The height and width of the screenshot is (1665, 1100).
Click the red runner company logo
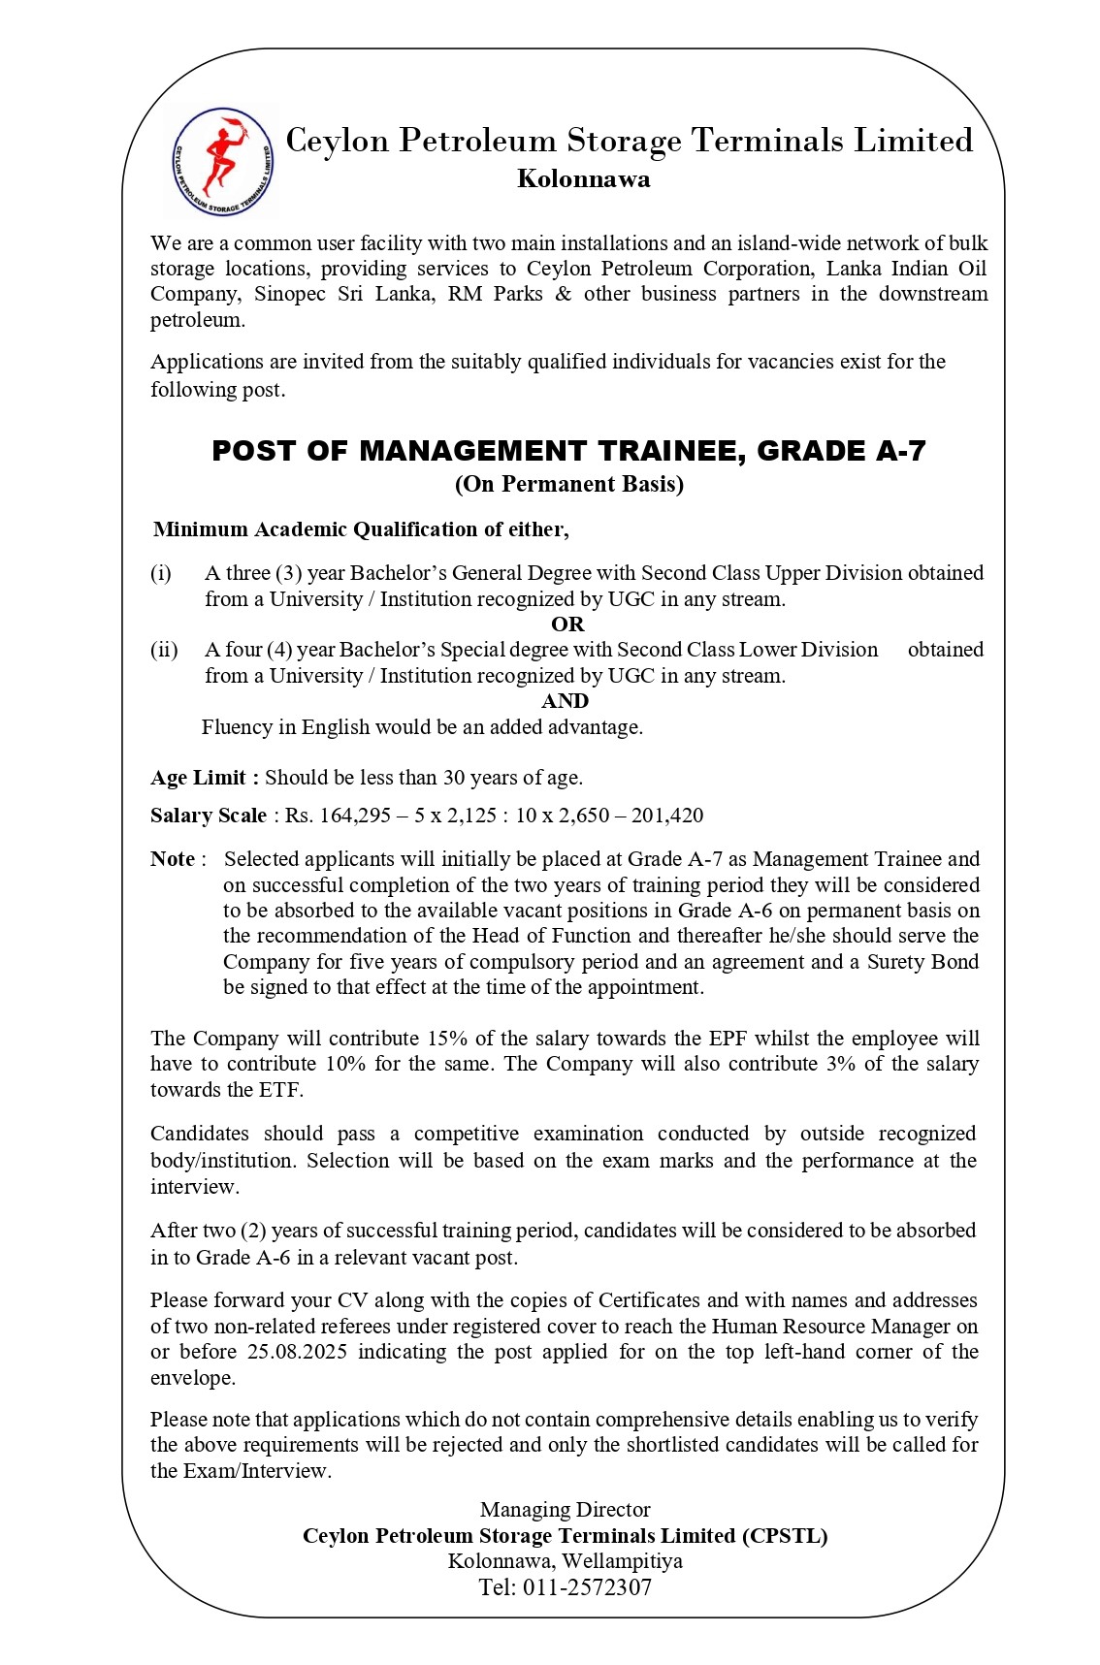tap(223, 160)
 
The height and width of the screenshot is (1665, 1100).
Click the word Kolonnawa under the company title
tap(584, 179)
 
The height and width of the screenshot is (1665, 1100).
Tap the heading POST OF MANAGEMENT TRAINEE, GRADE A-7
tap(568, 451)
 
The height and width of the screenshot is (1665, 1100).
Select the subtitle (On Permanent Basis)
tap(569, 485)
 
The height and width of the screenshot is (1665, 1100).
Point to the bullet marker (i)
tap(161, 573)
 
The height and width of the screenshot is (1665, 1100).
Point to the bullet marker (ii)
tap(164, 650)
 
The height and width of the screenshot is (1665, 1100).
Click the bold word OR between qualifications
tap(567, 624)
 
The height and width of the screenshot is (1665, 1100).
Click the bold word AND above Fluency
tap(566, 701)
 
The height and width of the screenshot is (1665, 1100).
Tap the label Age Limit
tap(199, 778)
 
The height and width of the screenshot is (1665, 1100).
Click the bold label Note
tap(173, 859)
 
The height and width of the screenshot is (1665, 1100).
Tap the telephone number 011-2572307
tap(587, 1587)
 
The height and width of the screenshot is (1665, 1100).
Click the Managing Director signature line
tap(565, 1510)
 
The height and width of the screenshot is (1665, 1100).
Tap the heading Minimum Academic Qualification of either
tap(361, 529)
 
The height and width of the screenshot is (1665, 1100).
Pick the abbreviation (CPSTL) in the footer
tap(785, 1536)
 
